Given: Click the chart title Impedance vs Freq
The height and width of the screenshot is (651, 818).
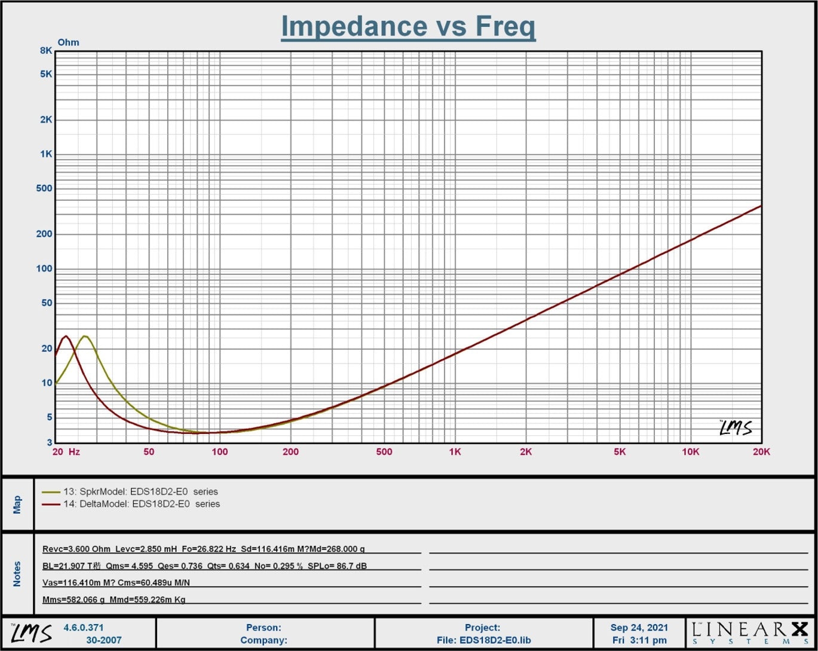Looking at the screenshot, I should coord(408,27).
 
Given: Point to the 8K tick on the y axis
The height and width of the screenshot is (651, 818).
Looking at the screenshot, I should coord(47,51).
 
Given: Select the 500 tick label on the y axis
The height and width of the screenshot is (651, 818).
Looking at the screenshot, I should coord(44,189).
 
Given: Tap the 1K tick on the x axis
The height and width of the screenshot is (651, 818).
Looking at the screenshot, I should coord(455,452).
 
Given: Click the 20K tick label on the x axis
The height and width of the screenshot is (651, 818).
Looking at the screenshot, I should coord(761,452).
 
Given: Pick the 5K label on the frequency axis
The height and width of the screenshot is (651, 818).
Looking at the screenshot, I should coord(620,452).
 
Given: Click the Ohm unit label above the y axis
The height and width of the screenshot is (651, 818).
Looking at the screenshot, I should coord(68,42).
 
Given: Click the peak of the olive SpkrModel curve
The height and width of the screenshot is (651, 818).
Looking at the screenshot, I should coord(85,336).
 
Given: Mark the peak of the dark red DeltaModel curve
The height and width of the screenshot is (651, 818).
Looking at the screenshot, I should coord(66,336).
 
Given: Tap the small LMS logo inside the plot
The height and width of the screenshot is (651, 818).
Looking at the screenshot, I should coord(735,427).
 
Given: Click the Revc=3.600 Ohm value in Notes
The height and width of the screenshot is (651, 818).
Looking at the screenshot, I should coord(76,549).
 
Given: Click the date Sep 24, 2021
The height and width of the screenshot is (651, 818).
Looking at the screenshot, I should coord(639,628).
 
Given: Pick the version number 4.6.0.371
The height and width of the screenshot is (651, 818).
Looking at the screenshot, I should coord(84,628).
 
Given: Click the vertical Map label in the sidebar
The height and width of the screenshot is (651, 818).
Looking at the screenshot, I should coord(17,504).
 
